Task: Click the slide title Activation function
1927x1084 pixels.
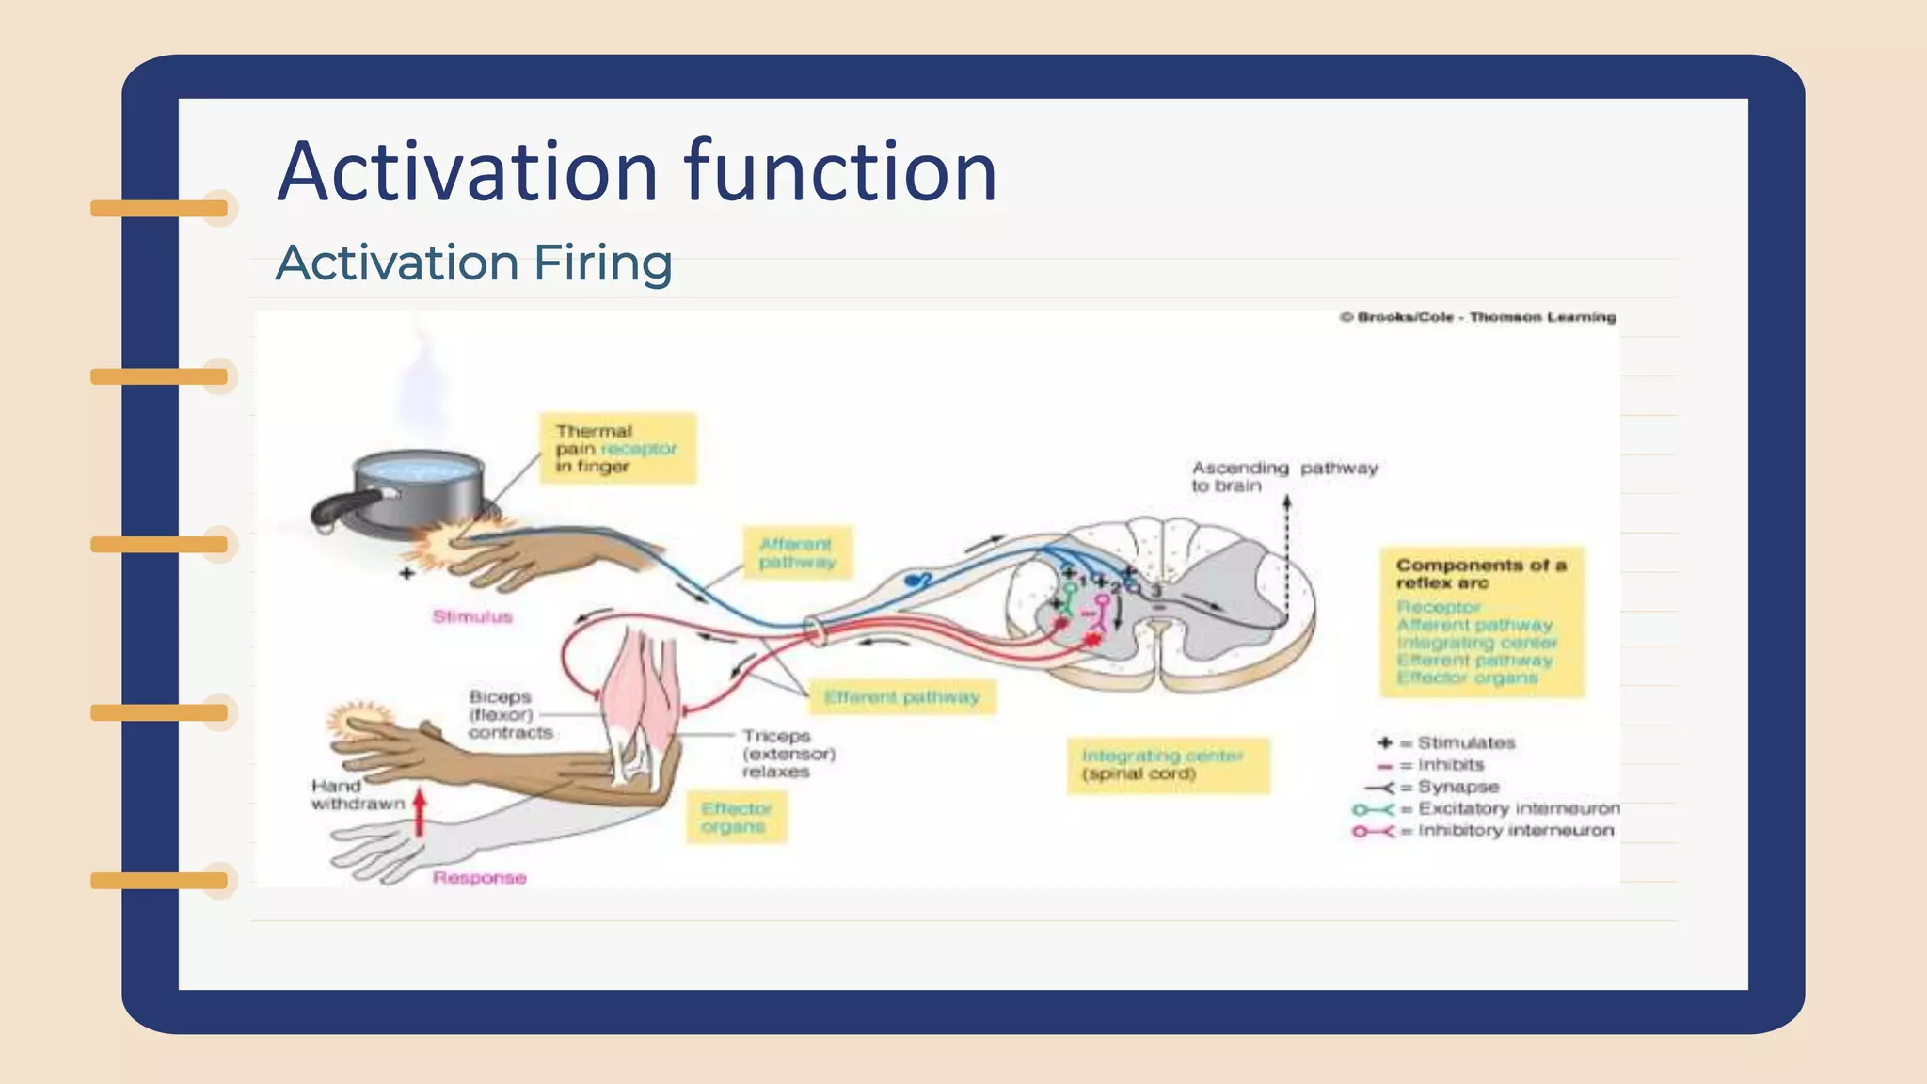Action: point(637,171)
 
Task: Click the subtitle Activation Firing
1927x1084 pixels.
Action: point(474,263)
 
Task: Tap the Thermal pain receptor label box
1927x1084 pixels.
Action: point(617,449)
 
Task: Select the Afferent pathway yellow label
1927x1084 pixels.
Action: point(797,553)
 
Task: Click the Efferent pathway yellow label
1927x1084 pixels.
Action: point(901,697)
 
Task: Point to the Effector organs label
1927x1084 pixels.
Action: point(735,818)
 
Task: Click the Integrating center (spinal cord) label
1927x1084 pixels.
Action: point(1167,765)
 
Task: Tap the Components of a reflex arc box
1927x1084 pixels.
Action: point(1481,622)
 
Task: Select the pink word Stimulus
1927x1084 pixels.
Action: point(472,617)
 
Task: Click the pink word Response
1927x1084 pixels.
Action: point(479,878)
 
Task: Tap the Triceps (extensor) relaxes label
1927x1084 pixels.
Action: point(788,754)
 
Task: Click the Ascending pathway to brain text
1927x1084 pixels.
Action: point(1282,476)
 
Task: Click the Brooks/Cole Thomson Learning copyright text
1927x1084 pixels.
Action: point(1477,317)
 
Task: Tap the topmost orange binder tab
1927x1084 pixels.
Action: point(160,208)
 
